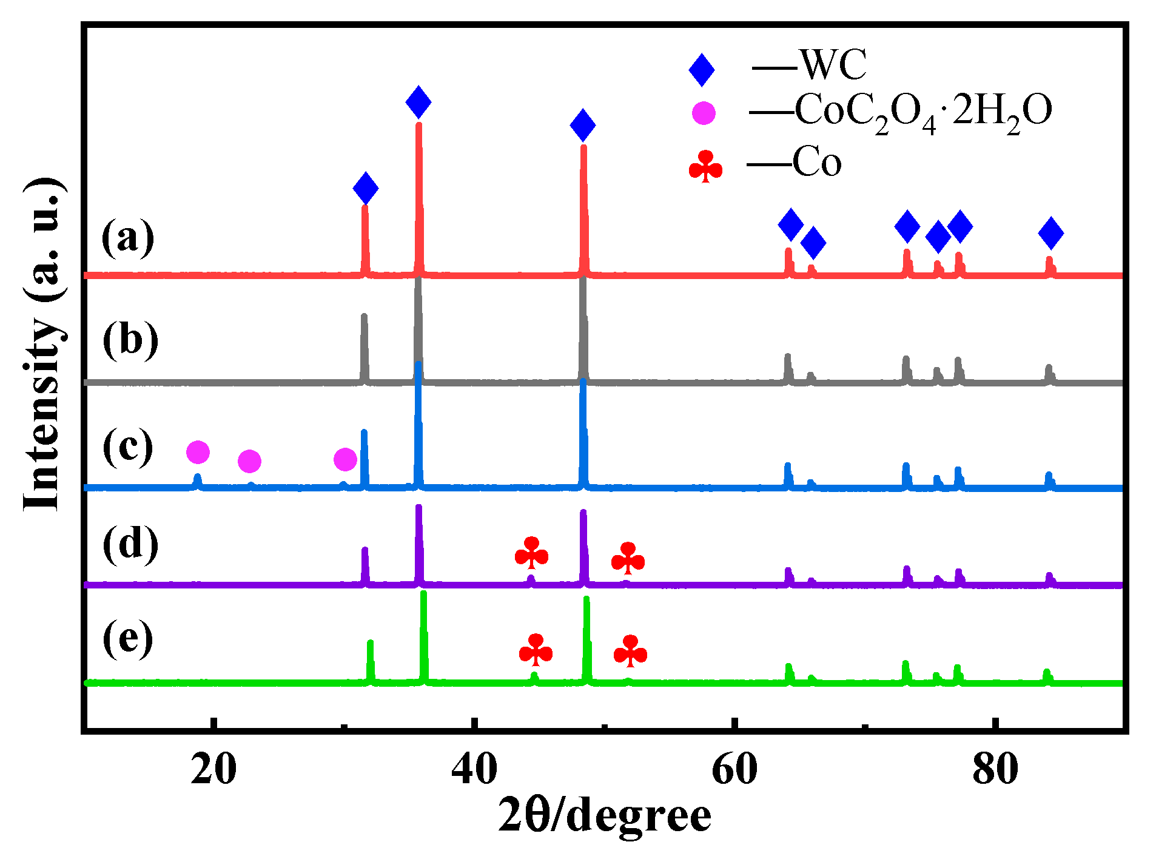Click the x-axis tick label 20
213,769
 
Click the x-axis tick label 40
475,769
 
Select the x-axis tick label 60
734,769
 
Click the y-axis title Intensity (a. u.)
44,345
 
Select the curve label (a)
127,237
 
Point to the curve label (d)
130,543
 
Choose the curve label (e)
127,638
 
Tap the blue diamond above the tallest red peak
418,102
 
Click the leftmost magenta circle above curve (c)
198,452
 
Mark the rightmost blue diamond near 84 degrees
1050,232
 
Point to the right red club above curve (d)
628,558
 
